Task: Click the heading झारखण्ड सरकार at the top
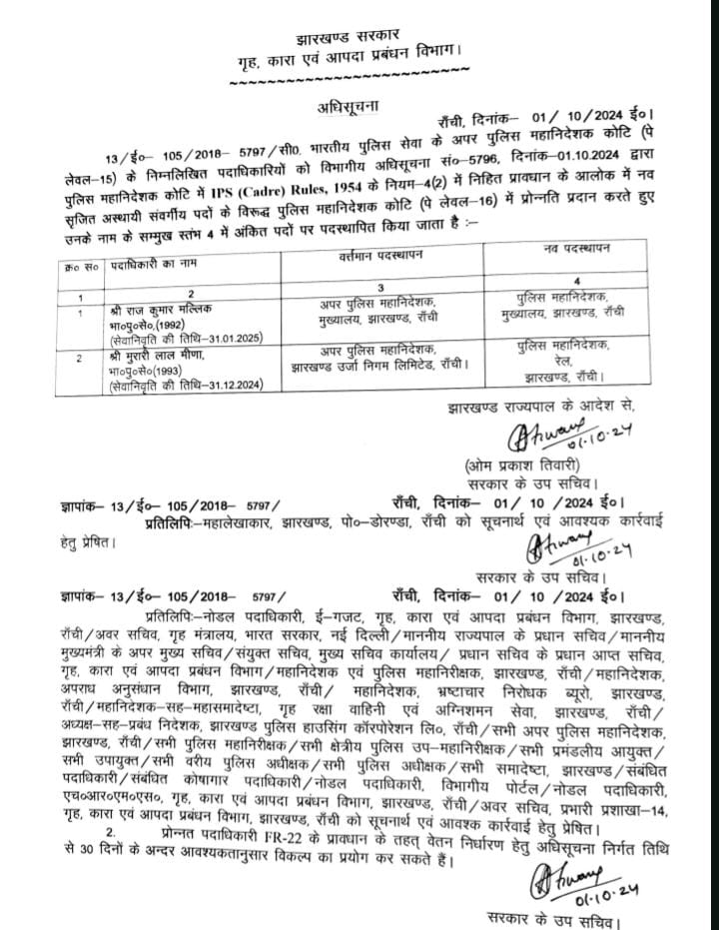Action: pyautogui.click(x=359, y=22)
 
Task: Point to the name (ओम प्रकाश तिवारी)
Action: pyautogui.click(x=521, y=465)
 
